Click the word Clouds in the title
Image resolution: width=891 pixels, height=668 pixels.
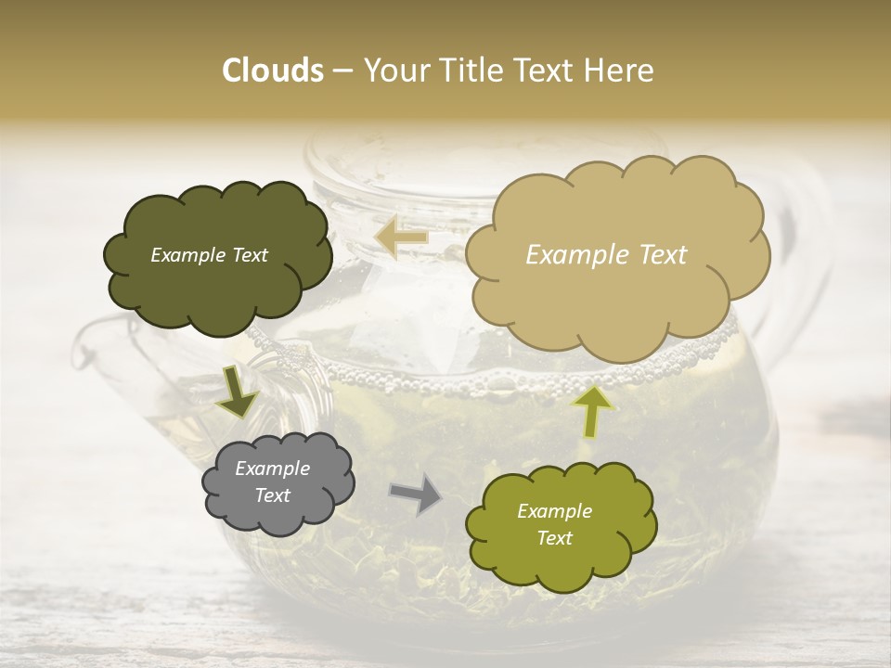point(273,71)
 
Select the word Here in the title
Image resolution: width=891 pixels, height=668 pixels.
point(620,71)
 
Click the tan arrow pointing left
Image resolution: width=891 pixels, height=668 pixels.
point(401,238)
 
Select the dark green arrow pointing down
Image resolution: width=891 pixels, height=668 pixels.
point(237,392)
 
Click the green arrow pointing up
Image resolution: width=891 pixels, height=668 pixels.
point(592,411)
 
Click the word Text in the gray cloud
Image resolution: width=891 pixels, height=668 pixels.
point(272,495)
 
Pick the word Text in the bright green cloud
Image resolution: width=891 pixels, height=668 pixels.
point(554,538)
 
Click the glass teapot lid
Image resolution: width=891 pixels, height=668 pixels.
point(390,158)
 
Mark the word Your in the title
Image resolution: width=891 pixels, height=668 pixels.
point(395,71)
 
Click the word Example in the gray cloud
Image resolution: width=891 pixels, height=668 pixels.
point(272,469)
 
